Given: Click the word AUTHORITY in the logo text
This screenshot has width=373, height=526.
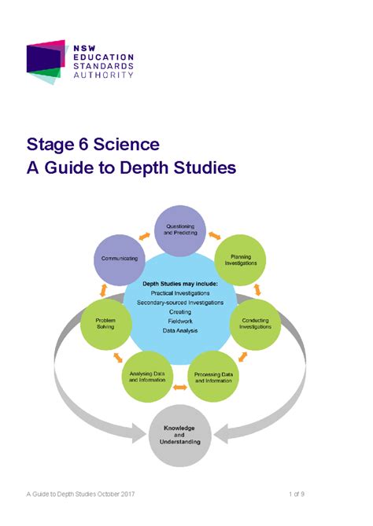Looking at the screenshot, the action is (103, 75).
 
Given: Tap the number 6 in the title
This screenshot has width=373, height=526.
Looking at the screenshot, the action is (84, 145).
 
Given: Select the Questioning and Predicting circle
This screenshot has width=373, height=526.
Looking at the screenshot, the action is (180, 230).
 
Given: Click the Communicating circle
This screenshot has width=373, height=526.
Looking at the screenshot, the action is (120, 259).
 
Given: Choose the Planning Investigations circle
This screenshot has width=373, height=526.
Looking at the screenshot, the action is (240, 260).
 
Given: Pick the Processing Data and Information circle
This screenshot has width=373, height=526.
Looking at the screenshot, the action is (213, 377).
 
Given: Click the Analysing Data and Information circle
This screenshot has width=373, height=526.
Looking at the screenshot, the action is (147, 377).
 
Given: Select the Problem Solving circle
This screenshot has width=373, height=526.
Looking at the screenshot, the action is (105, 324).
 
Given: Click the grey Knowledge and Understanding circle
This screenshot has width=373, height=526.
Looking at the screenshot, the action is (179, 435).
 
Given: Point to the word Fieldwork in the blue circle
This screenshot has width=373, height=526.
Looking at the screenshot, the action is (180, 321).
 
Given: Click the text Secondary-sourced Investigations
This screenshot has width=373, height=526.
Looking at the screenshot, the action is (180, 303).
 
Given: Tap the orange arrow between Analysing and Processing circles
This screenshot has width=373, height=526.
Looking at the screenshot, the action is (180, 388).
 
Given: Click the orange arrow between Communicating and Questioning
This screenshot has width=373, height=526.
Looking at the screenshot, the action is (144, 236).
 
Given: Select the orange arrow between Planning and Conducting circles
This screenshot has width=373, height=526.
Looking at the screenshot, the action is (257, 290).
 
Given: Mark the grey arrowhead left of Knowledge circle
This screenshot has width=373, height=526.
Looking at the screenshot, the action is (138, 433).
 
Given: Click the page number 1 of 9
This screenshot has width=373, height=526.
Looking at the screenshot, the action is (297, 494).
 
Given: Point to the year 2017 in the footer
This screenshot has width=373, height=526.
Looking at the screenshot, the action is (127, 494).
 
